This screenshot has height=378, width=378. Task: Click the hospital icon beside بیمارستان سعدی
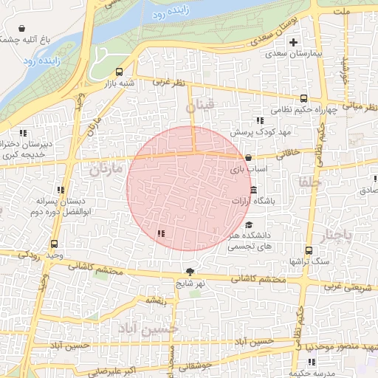tap(294, 42)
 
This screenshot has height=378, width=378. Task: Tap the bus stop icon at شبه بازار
tap(120, 72)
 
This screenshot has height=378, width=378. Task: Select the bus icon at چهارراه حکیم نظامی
tap(303, 98)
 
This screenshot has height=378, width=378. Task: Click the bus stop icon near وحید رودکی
tap(54, 244)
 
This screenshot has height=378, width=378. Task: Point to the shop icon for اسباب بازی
tap(248, 157)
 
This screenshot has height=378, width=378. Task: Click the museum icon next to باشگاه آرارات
tap(254, 192)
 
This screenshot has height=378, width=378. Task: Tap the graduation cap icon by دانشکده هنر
tap(249, 225)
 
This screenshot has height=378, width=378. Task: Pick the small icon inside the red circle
tap(161, 233)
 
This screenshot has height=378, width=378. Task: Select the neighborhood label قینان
tap(199, 107)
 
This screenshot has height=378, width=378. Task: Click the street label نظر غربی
tap(168, 83)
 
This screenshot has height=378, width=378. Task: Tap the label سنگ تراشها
tap(303, 261)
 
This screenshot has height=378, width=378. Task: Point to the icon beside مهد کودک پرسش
tap(259, 120)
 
